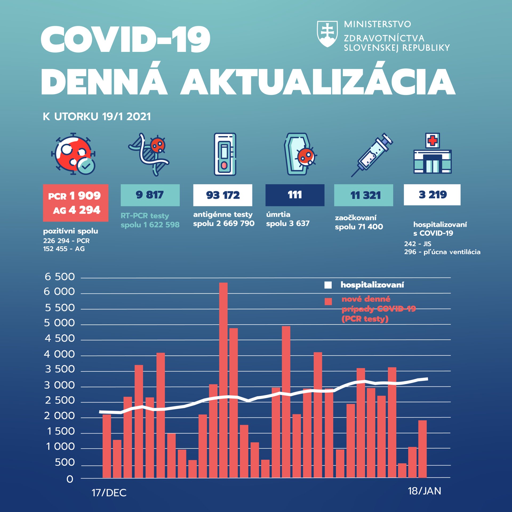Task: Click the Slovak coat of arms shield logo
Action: tap(327, 34)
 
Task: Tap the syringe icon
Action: tap(372, 155)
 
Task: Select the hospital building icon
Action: tap(432, 154)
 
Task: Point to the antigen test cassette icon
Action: tap(225, 154)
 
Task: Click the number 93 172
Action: tap(223, 195)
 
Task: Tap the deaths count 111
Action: tap(295, 195)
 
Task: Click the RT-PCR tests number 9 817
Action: tap(150, 195)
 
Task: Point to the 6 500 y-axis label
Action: tap(60, 277)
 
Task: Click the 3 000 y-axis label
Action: tap(59, 385)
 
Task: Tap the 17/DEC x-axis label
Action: tap(109, 493)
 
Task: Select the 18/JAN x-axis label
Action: tap(424, 491)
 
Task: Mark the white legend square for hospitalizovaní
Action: tap(328, 285)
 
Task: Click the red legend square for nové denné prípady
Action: tap(328, 302)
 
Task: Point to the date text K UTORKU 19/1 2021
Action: tap(97, 117)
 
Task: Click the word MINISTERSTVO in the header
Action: tap(377, 24)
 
